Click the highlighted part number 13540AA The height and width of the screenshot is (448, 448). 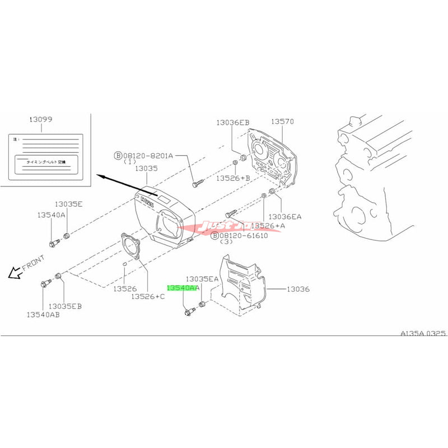[183, 287]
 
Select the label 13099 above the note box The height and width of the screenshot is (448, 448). [40, 120]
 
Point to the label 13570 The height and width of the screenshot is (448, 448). [283, 122]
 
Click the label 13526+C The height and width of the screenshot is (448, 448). [148, 296]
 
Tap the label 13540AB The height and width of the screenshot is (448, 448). [43, 315]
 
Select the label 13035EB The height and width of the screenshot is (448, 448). [66, 306]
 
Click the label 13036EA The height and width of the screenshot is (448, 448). [285, 216]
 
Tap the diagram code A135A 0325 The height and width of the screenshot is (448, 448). [423, 332]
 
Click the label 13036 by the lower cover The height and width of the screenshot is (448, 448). [298, 290]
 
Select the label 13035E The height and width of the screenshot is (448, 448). [69, 204]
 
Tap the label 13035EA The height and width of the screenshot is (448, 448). [202, 278]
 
